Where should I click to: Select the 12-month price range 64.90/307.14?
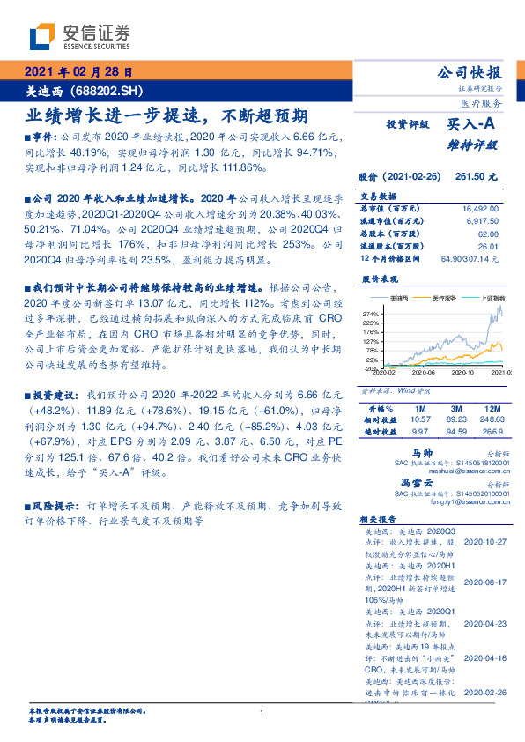pyautogui.click(x=476, y=259)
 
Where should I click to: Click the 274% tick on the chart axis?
pyautogui.click(x=370, y=314)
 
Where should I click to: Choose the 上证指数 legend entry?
pyautogui.click(x=492, y=301)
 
